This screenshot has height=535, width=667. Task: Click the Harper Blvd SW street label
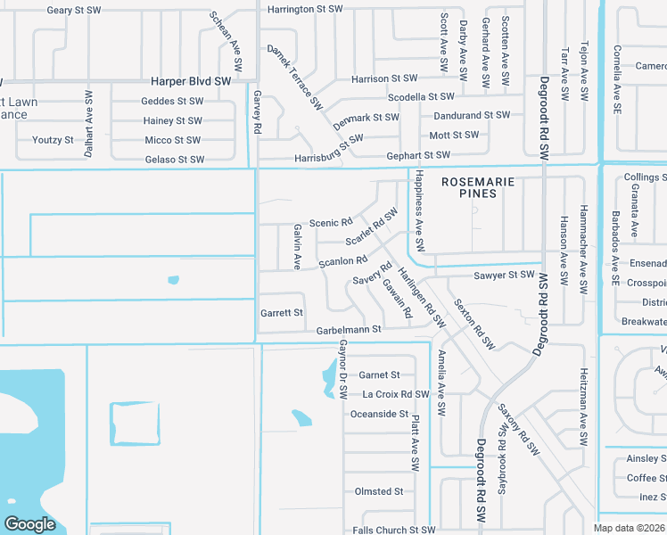191,81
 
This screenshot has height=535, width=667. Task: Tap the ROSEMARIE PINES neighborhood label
479,186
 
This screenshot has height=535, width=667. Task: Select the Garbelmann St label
349,330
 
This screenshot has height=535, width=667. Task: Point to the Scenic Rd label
331,222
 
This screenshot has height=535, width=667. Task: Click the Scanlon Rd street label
343,261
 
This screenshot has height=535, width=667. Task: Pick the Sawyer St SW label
503,276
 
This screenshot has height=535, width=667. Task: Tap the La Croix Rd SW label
396,394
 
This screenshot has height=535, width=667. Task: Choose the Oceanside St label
379,414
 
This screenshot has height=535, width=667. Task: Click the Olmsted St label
379,491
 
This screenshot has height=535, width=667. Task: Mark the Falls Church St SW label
393,530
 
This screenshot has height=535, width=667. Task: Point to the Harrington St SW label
305,9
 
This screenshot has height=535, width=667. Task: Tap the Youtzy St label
53,140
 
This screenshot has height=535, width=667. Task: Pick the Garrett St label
282,313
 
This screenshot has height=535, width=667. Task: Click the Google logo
29,523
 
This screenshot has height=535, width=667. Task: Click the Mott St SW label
454,136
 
